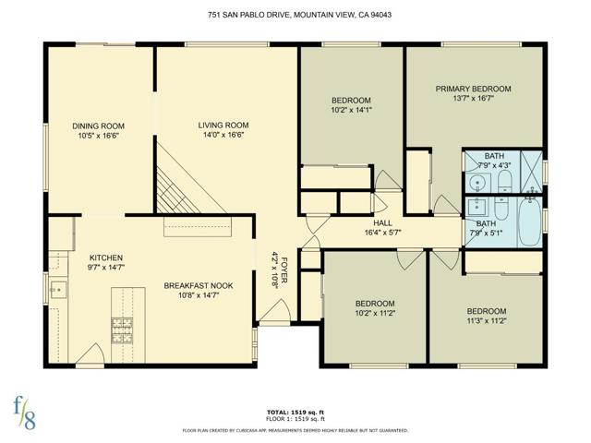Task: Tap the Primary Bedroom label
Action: pos(473,90)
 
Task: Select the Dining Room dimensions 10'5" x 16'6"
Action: pos(99,136)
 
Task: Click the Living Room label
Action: pos(223,126)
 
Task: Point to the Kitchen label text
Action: pos(106,257)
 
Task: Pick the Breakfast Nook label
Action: pos(198,286)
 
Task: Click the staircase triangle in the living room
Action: pos(175,189)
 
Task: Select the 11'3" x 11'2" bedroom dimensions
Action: pos(486,321)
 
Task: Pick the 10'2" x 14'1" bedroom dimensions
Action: pos(351,111)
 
